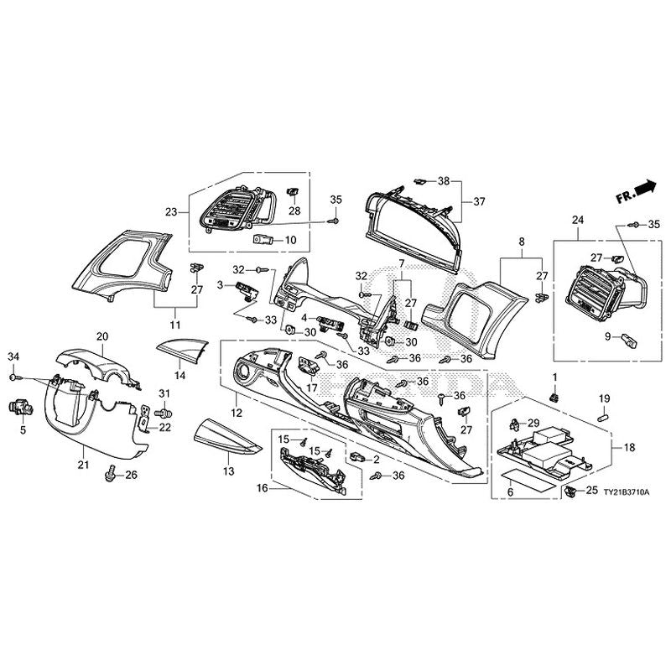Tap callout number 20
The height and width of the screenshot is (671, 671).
click(x=103, y=336)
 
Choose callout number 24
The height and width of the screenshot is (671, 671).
click(x=576, y=221)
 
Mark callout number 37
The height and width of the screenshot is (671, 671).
click(x=480, y=201)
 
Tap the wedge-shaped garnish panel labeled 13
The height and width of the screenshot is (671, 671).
click(x=225, y=437)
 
